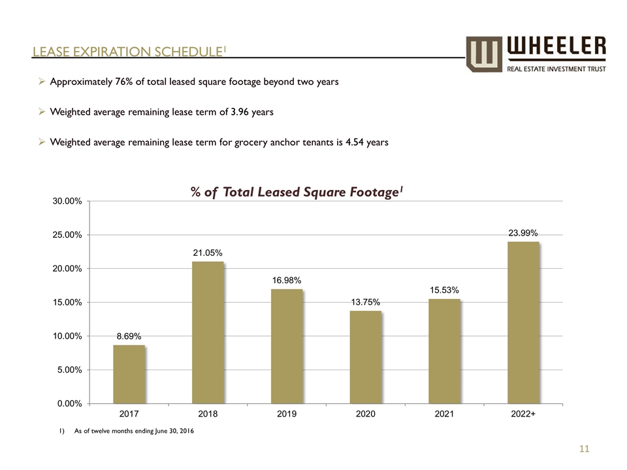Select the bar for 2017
pyautogui.click(x=129, y=374)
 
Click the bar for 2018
pyautogui.click(x=208, y=332)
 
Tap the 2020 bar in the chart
pyautogui.click(x=366, y=357)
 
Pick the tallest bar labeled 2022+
pyautogui.click(x=523, y=322)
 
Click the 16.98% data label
pyautogui.click(x=287, y=280)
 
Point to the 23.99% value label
pyautogui.click(x=523, y=232)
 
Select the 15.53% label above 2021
pyautogui.click(x=445, y=290)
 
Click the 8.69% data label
pyautogui.click(x=129, y=336)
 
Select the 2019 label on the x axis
pyautogui.click(x=287, y=414)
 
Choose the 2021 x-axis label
pyautogui.click(x=445, y=414)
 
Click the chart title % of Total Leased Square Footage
pyautogui.click(x=295, y=193)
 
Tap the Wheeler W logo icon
pyautogui.click(x=485, y=54)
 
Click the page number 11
pyautogui.click(x=584, y=449)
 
